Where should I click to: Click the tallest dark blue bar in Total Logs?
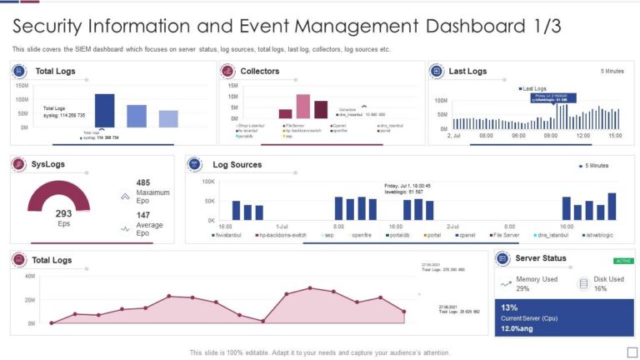(x=104, y=110)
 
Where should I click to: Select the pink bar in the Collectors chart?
(x=302, y=107)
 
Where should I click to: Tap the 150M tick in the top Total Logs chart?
(x=22, y=86)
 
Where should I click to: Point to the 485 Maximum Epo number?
(x=143, y=182)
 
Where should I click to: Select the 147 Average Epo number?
(x=143, y=215)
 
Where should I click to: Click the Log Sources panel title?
(x=237, y=165)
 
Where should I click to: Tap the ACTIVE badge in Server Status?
(x=622, y=261)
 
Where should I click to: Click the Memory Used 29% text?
(x=536, y=283)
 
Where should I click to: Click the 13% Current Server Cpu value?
(x=508, y=307)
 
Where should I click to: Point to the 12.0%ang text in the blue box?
(x=517, y=328)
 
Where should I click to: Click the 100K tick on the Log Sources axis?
(x=208, y=181)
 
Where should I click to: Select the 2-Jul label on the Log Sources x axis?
(x=452, y=226)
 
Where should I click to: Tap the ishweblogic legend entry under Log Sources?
(x=602, y=235)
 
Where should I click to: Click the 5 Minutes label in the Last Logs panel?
(x=612, y=72)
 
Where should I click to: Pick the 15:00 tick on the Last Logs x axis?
(x=615, y=135)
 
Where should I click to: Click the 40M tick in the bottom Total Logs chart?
(x=30, y=276)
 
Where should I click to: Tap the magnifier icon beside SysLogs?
(x=19, y=164)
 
